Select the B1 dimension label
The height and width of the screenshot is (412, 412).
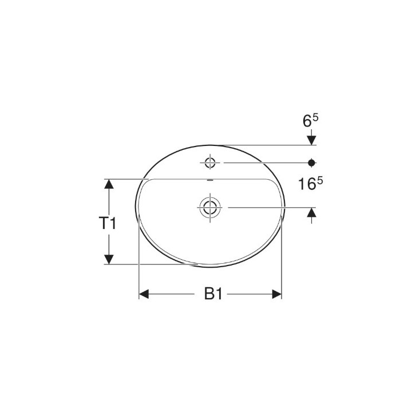[212, 294]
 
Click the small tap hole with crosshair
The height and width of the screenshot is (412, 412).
[210, 163]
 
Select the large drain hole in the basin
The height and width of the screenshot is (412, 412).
[210, 207]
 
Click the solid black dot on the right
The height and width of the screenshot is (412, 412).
[311, 163]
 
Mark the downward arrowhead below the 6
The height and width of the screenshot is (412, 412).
[311, 139]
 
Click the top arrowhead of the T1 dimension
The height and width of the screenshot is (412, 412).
[108, 185]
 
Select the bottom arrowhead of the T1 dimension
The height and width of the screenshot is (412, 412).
[108, 259]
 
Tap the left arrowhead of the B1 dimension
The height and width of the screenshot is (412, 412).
[145, 294]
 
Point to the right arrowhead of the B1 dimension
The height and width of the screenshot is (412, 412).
[276, 294]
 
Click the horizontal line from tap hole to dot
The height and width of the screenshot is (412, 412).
[263, 163]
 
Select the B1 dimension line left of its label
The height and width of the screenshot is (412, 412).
[172, 294]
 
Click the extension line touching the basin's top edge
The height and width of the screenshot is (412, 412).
[263, 145]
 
